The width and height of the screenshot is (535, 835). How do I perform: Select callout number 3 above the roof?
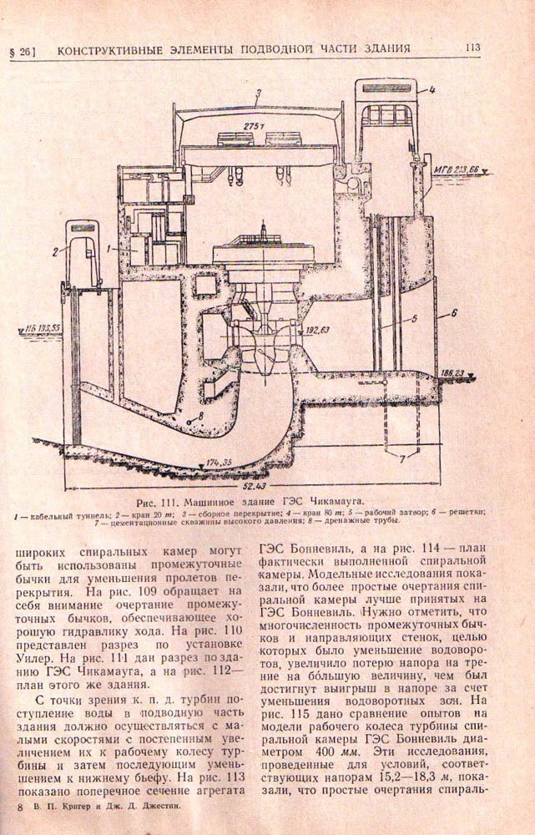[x=259, y=94]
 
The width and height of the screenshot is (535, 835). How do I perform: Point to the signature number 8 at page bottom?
[x=18, y=808]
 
